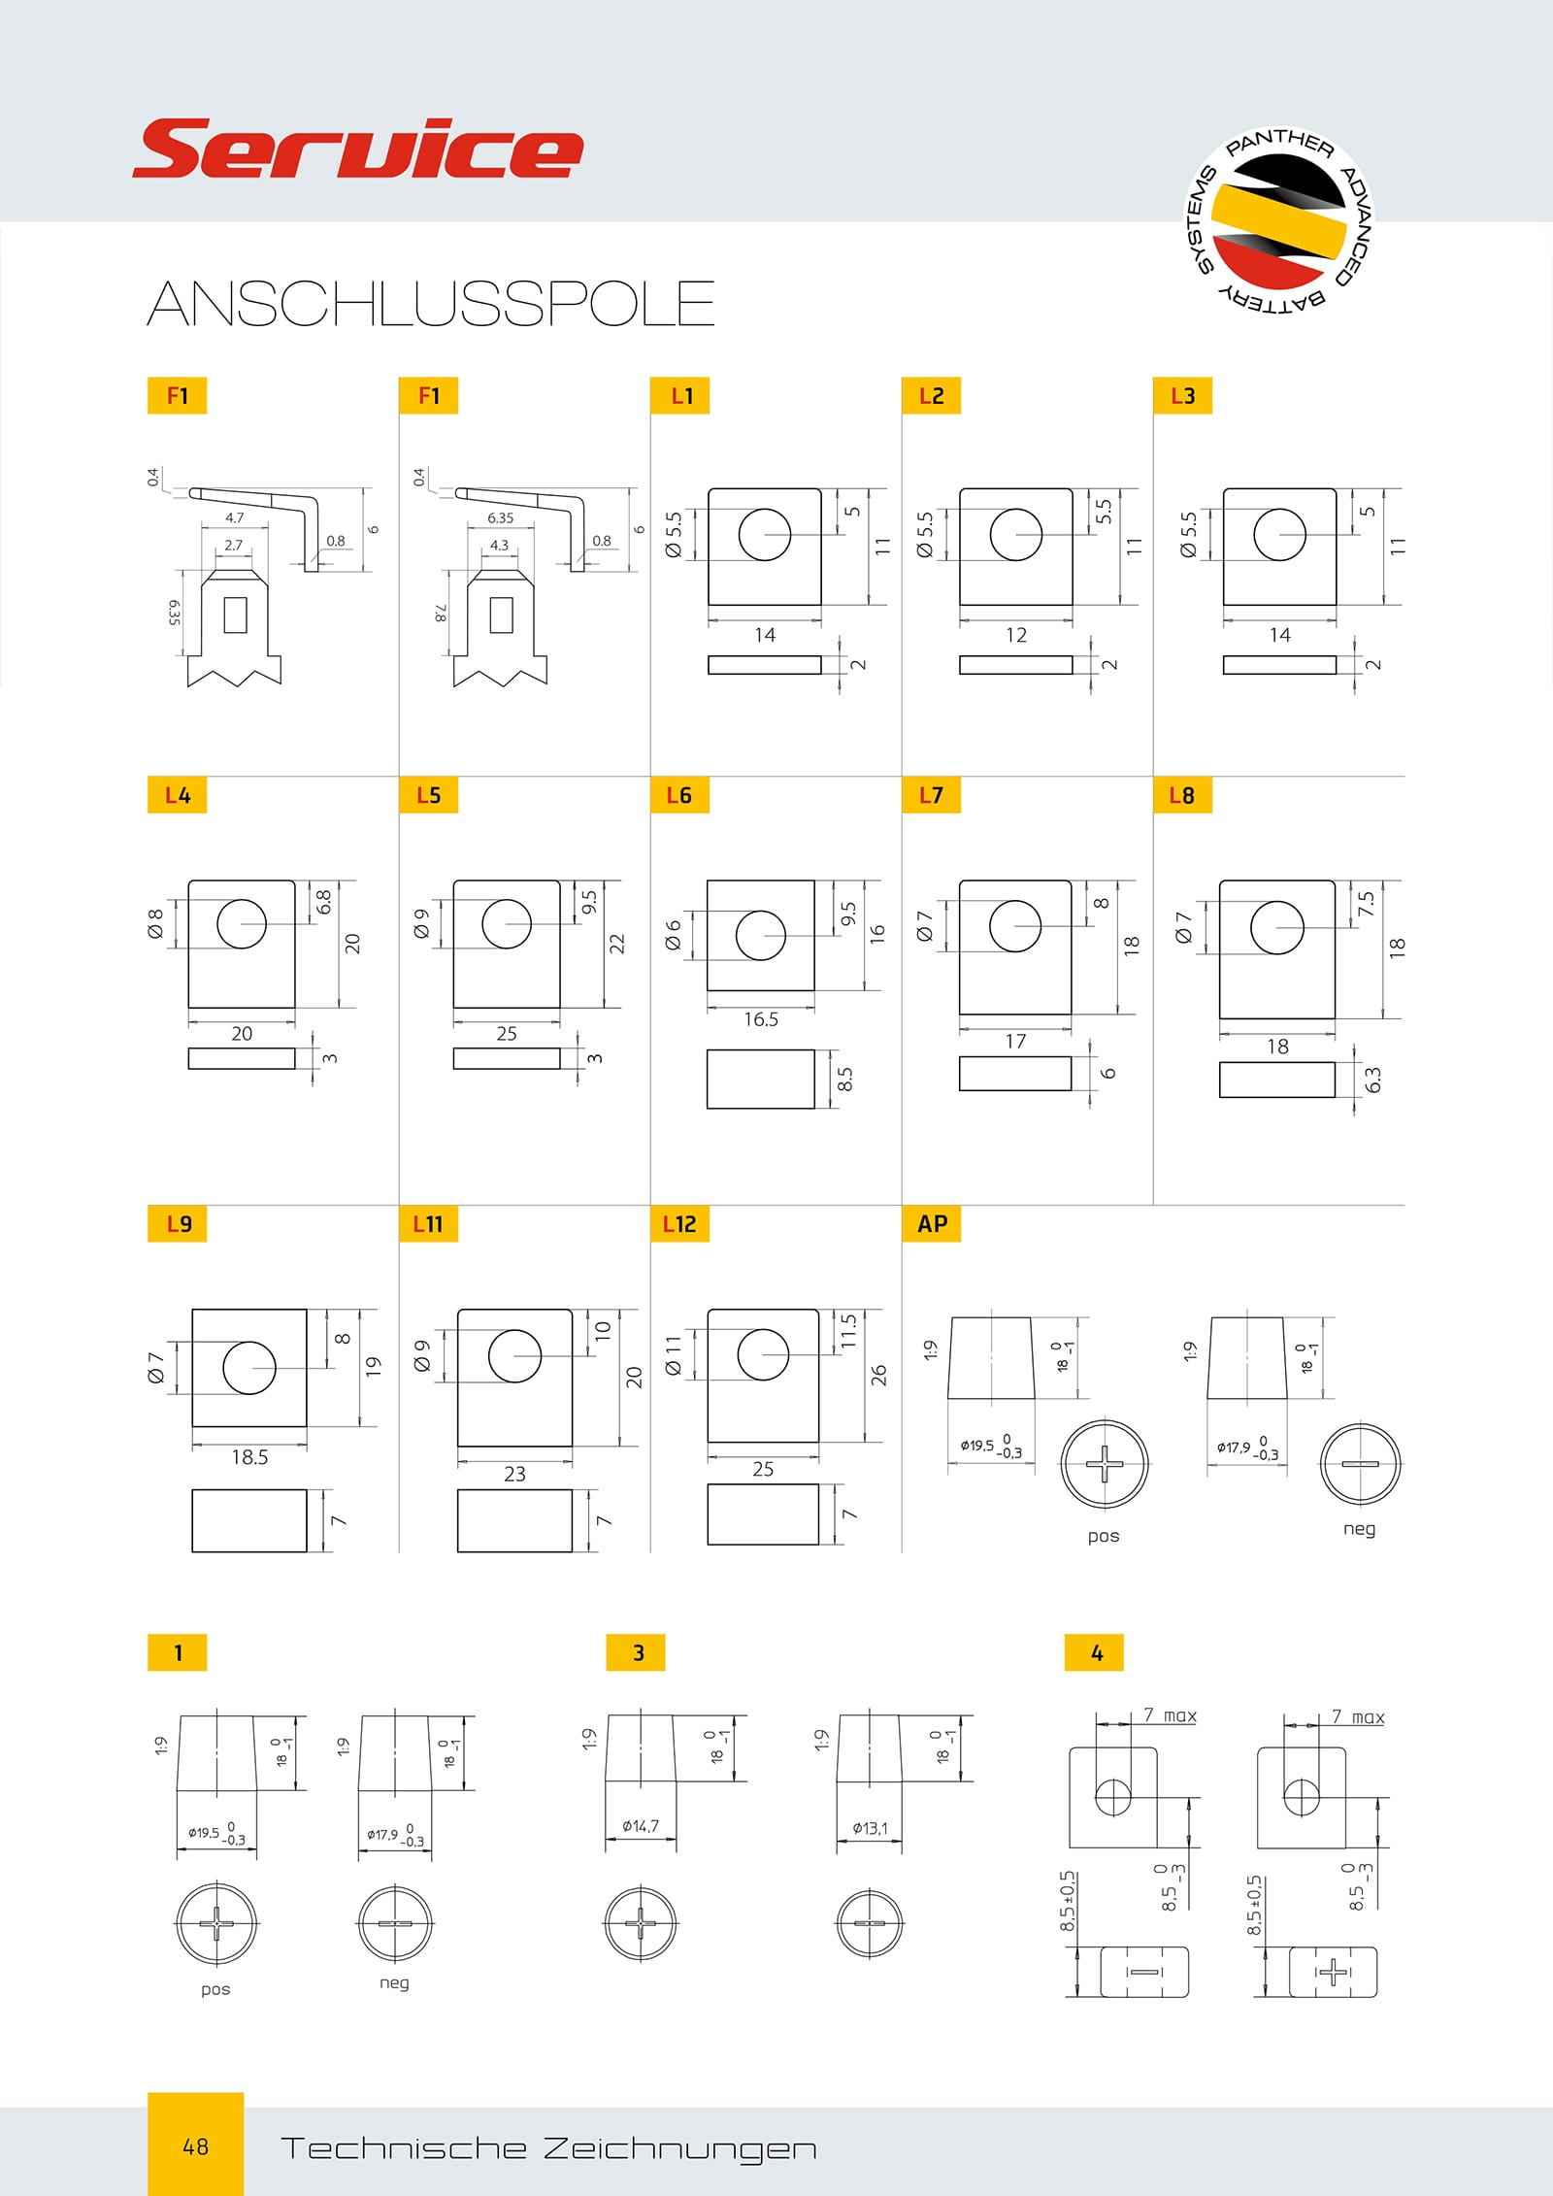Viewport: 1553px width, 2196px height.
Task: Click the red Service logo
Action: (357, 149)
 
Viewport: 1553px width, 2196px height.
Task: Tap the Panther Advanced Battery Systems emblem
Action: (1279, 221)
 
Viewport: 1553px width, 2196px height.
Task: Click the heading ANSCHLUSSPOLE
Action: (431, 303)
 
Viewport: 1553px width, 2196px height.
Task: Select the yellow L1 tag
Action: (679, 395)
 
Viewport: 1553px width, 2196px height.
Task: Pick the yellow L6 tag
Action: (679, 795)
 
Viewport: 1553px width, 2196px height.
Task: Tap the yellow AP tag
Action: (932, 1223)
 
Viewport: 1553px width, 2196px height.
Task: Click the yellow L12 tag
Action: (679, 1223)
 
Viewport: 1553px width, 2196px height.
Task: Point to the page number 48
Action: (195, 2146)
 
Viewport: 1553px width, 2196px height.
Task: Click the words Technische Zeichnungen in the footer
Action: (548, 2148)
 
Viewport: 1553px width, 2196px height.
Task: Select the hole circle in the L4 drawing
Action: (242, 923)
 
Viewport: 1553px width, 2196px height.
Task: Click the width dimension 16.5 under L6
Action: (761, 1019)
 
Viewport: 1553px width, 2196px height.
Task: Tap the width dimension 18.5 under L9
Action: (249, 1457)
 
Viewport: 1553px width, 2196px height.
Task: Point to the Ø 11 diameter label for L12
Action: (674, 1355)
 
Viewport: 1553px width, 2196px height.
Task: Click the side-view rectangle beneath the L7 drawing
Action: (1015, 1073)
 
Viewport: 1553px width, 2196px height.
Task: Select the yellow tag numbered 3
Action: (636, 1652)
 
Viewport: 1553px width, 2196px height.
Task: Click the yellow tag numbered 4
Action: (1094, 1652)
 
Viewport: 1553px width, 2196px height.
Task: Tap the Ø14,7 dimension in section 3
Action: (641, 1826)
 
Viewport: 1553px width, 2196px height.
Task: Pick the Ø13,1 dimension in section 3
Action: (870, 1828)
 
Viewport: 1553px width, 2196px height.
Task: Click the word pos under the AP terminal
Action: (1104, 1537)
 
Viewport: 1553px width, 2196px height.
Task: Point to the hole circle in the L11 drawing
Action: (514, 1355)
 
